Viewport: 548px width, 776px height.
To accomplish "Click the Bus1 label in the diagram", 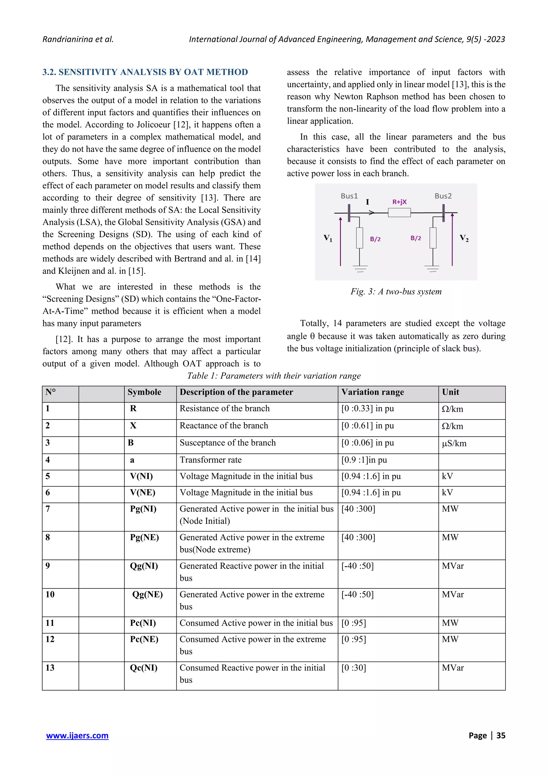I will click(349, 196).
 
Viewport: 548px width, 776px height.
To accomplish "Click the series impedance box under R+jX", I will click(399, 213).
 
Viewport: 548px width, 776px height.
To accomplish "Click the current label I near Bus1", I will click(367, 202).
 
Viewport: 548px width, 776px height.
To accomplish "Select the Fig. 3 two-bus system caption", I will click(396, 291).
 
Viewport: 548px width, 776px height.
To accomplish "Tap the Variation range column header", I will click(372, 392).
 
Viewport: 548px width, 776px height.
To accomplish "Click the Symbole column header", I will click(144, 392).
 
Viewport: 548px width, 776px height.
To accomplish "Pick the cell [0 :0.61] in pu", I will click(367, 426).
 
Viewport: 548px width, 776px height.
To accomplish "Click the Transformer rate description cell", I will click(210, 460).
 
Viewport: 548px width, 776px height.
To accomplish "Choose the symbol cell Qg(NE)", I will click(147, 594).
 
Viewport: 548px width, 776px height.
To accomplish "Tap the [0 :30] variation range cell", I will click(353, 668).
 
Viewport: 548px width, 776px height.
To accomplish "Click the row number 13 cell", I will click(50, 668).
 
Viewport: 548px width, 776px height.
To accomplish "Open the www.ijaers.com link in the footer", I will click(77, 736).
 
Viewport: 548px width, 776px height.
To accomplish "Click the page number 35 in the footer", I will click(500, 736).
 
